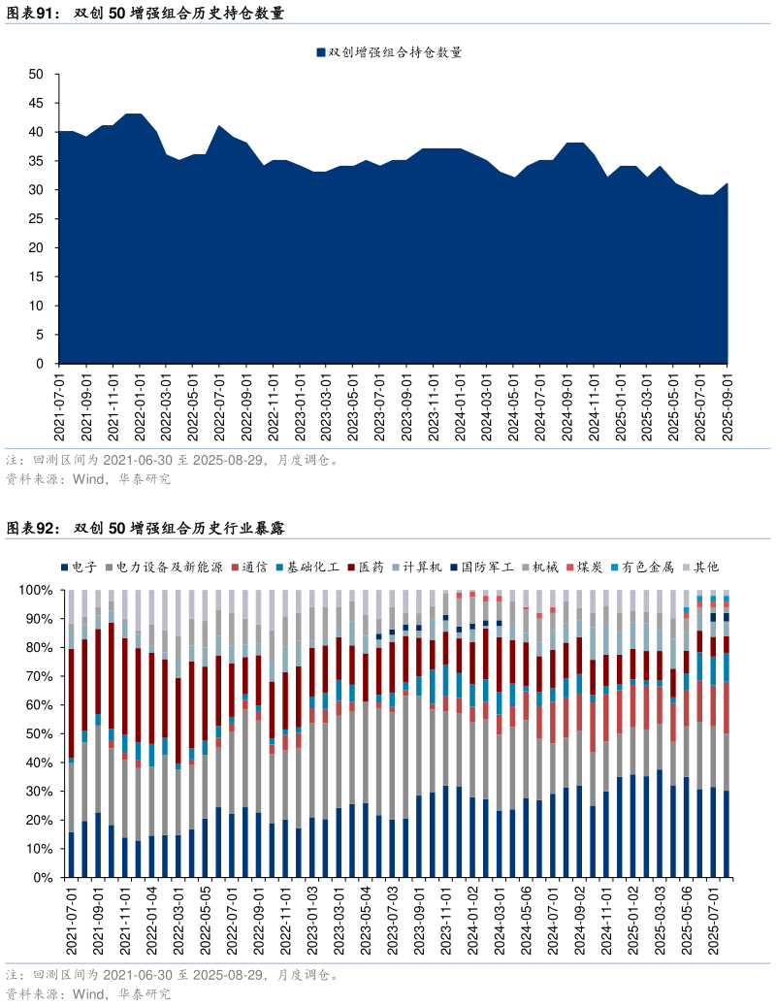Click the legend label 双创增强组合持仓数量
pyautogui.click(x=395, y=52)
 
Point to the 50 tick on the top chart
pyautogui.click(x=36, y=74)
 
